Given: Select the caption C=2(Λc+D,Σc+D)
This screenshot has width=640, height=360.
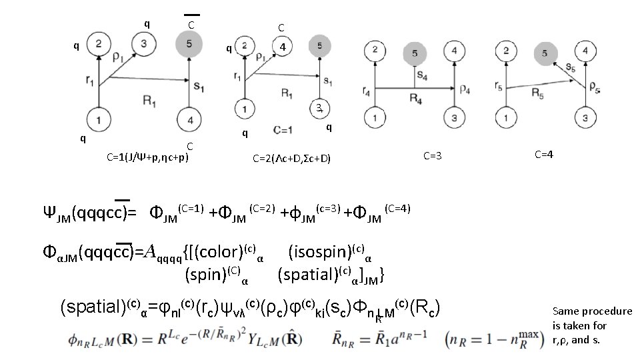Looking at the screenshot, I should point(291,158).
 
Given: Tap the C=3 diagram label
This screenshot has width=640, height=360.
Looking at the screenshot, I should point(433,155).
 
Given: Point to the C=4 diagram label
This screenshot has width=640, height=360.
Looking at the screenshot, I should point(544,154).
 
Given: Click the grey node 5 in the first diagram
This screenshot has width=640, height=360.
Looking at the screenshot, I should point(189,45).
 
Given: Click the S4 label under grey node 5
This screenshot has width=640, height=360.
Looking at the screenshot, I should point(422,75).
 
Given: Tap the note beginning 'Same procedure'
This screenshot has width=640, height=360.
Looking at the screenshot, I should point(592,326).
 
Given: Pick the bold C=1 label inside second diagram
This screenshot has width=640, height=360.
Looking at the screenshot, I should point(283,129).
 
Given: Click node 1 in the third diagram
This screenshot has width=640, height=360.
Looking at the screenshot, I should point(376,119).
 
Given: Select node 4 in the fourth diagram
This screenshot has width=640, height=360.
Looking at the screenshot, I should point(585,51).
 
